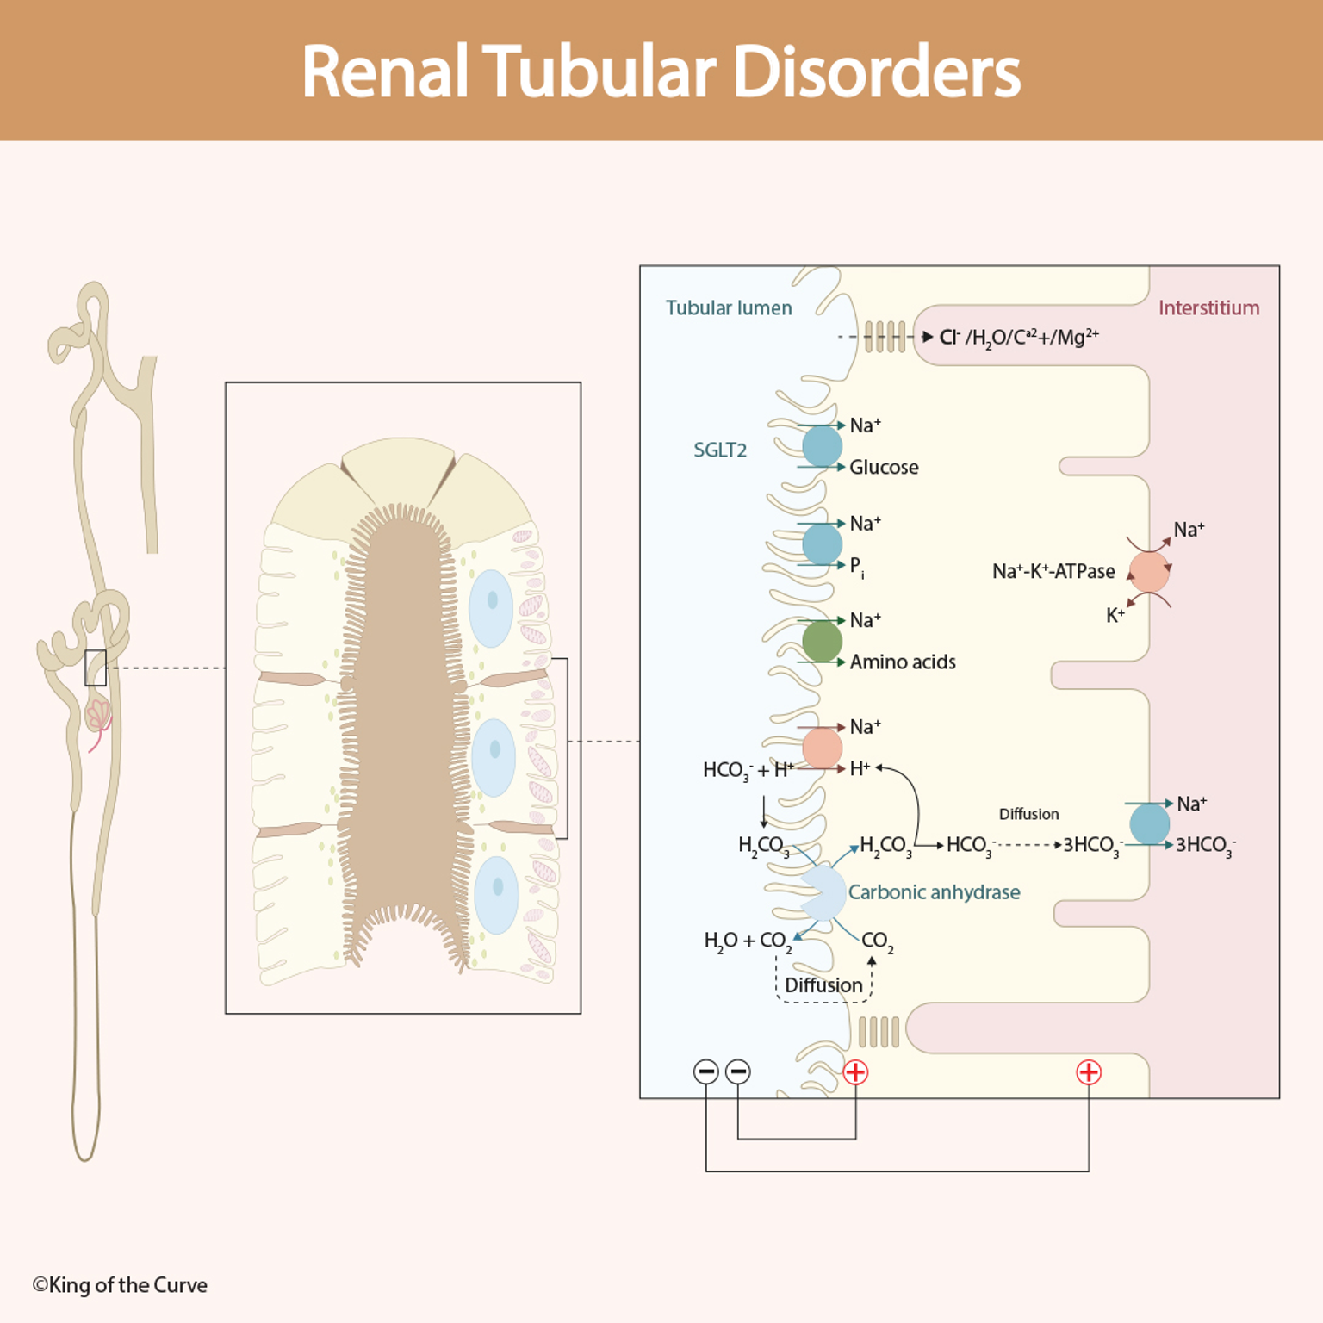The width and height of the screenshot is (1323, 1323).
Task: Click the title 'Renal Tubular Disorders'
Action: point(661,71)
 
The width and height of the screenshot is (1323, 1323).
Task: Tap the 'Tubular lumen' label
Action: point(728,307)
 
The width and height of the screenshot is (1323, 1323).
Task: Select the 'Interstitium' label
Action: point(1208,307)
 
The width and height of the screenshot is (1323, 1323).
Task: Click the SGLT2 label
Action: point(719,450)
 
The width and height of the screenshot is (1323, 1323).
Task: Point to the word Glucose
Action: point(883,467)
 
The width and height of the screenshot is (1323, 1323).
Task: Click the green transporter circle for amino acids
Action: point(822,641)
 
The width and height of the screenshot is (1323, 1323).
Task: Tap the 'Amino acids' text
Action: point(902,661)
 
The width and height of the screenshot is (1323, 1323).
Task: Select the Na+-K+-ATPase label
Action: point(1053,571)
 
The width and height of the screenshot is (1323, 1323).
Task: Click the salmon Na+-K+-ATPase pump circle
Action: point(1149,571)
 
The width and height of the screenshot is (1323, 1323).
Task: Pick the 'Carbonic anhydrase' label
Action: point(934,892)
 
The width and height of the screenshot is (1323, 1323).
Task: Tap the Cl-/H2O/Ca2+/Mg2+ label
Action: point(1018,337)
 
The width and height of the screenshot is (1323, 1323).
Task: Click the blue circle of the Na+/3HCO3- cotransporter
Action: point(1149,823)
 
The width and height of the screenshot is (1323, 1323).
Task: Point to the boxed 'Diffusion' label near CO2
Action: point(823,984)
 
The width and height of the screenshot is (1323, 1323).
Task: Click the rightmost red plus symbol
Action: point(1089,1072)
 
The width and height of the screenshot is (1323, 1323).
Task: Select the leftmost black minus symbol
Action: point(706,1072)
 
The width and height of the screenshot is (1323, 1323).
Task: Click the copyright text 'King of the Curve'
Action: point(120,1285)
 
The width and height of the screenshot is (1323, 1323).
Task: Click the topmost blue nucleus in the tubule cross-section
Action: point(491,608)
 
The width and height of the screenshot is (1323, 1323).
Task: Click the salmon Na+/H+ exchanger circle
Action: point(822,747)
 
